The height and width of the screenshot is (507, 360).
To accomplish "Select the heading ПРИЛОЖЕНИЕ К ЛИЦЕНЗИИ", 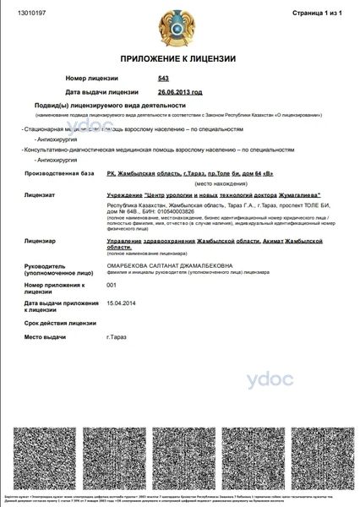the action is (179, 59).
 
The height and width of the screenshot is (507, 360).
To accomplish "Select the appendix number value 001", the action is (112, 286).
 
